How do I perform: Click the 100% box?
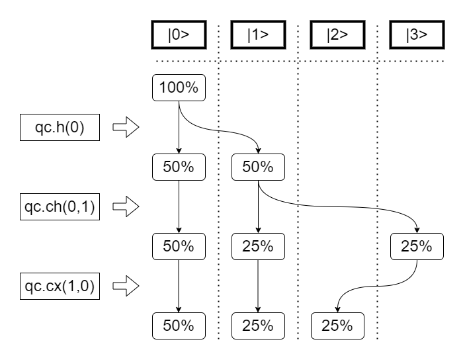pyautogui.click(x=179, y=88)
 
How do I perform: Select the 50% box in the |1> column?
pyautogui.click(x=258, y=167)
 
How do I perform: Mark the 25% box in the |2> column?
pyautogui.click(x=337, y=325)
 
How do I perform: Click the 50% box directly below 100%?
pyautogui.click(x=179, y=167)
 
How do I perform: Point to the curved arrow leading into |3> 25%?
pyautogui.click(x=344, y=206)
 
